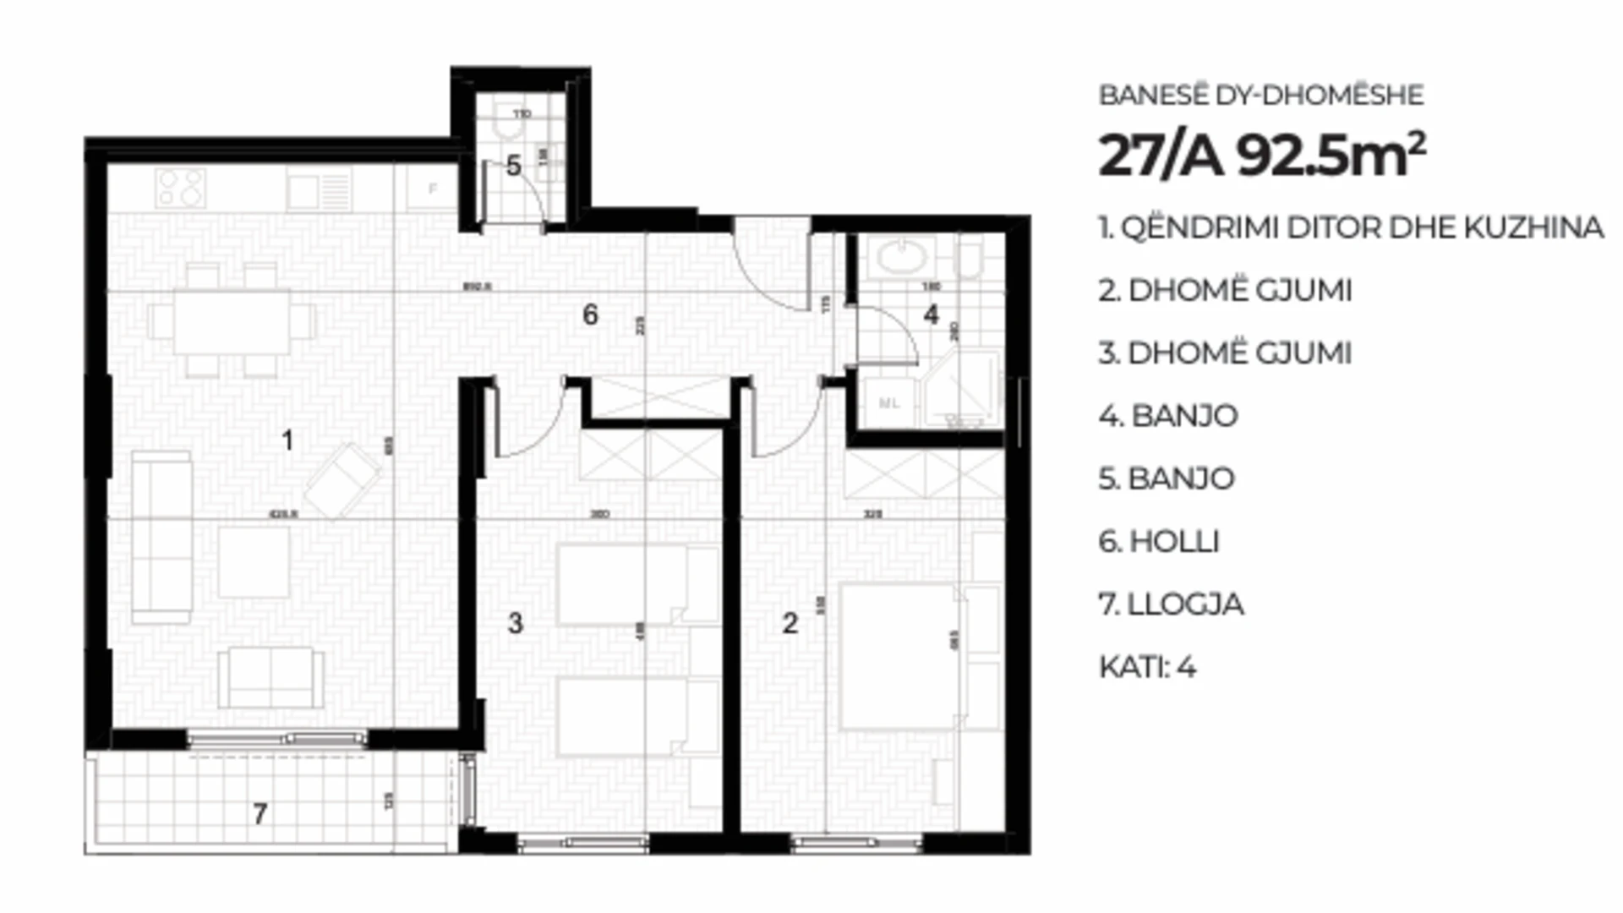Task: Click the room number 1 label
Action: pyautogui.click(x=287, y=440)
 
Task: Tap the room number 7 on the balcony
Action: pyautogui.click(x=260, y=814)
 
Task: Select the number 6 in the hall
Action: pyautogui.click(x=590, y=315)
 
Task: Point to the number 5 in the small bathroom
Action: pyautogui.click(x=513, y=166)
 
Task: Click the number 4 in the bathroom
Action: pyautogui.click(x=931, y=314)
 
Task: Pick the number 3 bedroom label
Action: pyautogui.click(x=515, y=624)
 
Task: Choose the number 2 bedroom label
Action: pyautogui.click(x=790, y=624)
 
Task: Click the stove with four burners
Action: pyautogui.click(x=180, y=189)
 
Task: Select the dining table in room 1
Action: pyautogui.click(x=232, y=322)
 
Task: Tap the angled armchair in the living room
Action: pyautogui.click(x=342, y=480)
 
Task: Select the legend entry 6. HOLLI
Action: pyautogui.click(x=1158, y=541)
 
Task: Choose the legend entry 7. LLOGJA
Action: pyautogui.click(x=1171, y=604)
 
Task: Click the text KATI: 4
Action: pyautogui.click(x=1147, y=667)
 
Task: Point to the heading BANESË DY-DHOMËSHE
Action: pyautogui.click(x=1260, y=95)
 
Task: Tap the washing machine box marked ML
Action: pyautogui.click(x=888, y=403)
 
